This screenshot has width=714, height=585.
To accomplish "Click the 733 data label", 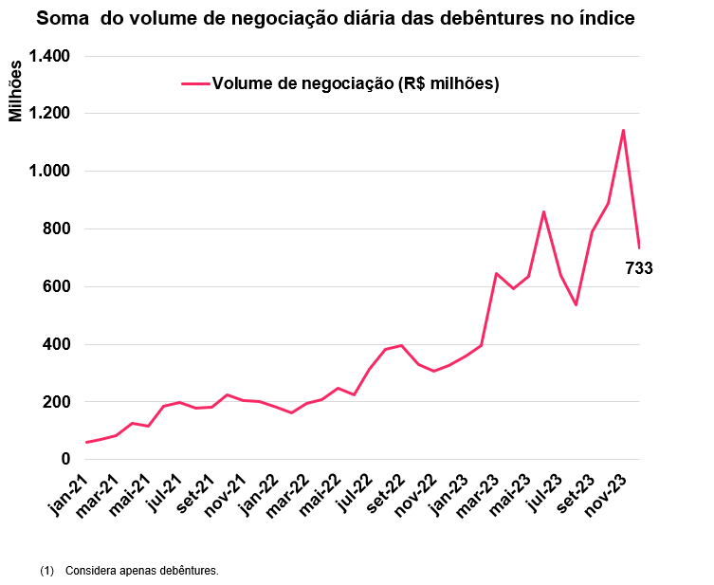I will pyautogui.click(x=639, y=268).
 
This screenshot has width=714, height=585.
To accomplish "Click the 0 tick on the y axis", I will pyautogui.click(x=65, y=460).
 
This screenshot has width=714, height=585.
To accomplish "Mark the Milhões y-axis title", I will pyautogui.click(x=15, y=91).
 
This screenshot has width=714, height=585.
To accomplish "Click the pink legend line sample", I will pyautogui.click(x=194, y=83).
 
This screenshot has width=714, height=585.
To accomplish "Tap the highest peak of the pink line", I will pyautogui.click(x=623, y=130).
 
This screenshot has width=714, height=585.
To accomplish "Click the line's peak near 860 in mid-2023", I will pyautogui.click(x=543, y=211).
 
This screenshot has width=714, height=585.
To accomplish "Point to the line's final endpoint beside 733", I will pyautogui.click(x=639, y=247).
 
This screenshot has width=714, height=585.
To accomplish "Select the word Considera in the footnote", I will pyautogui.click(x=91, y=571).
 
